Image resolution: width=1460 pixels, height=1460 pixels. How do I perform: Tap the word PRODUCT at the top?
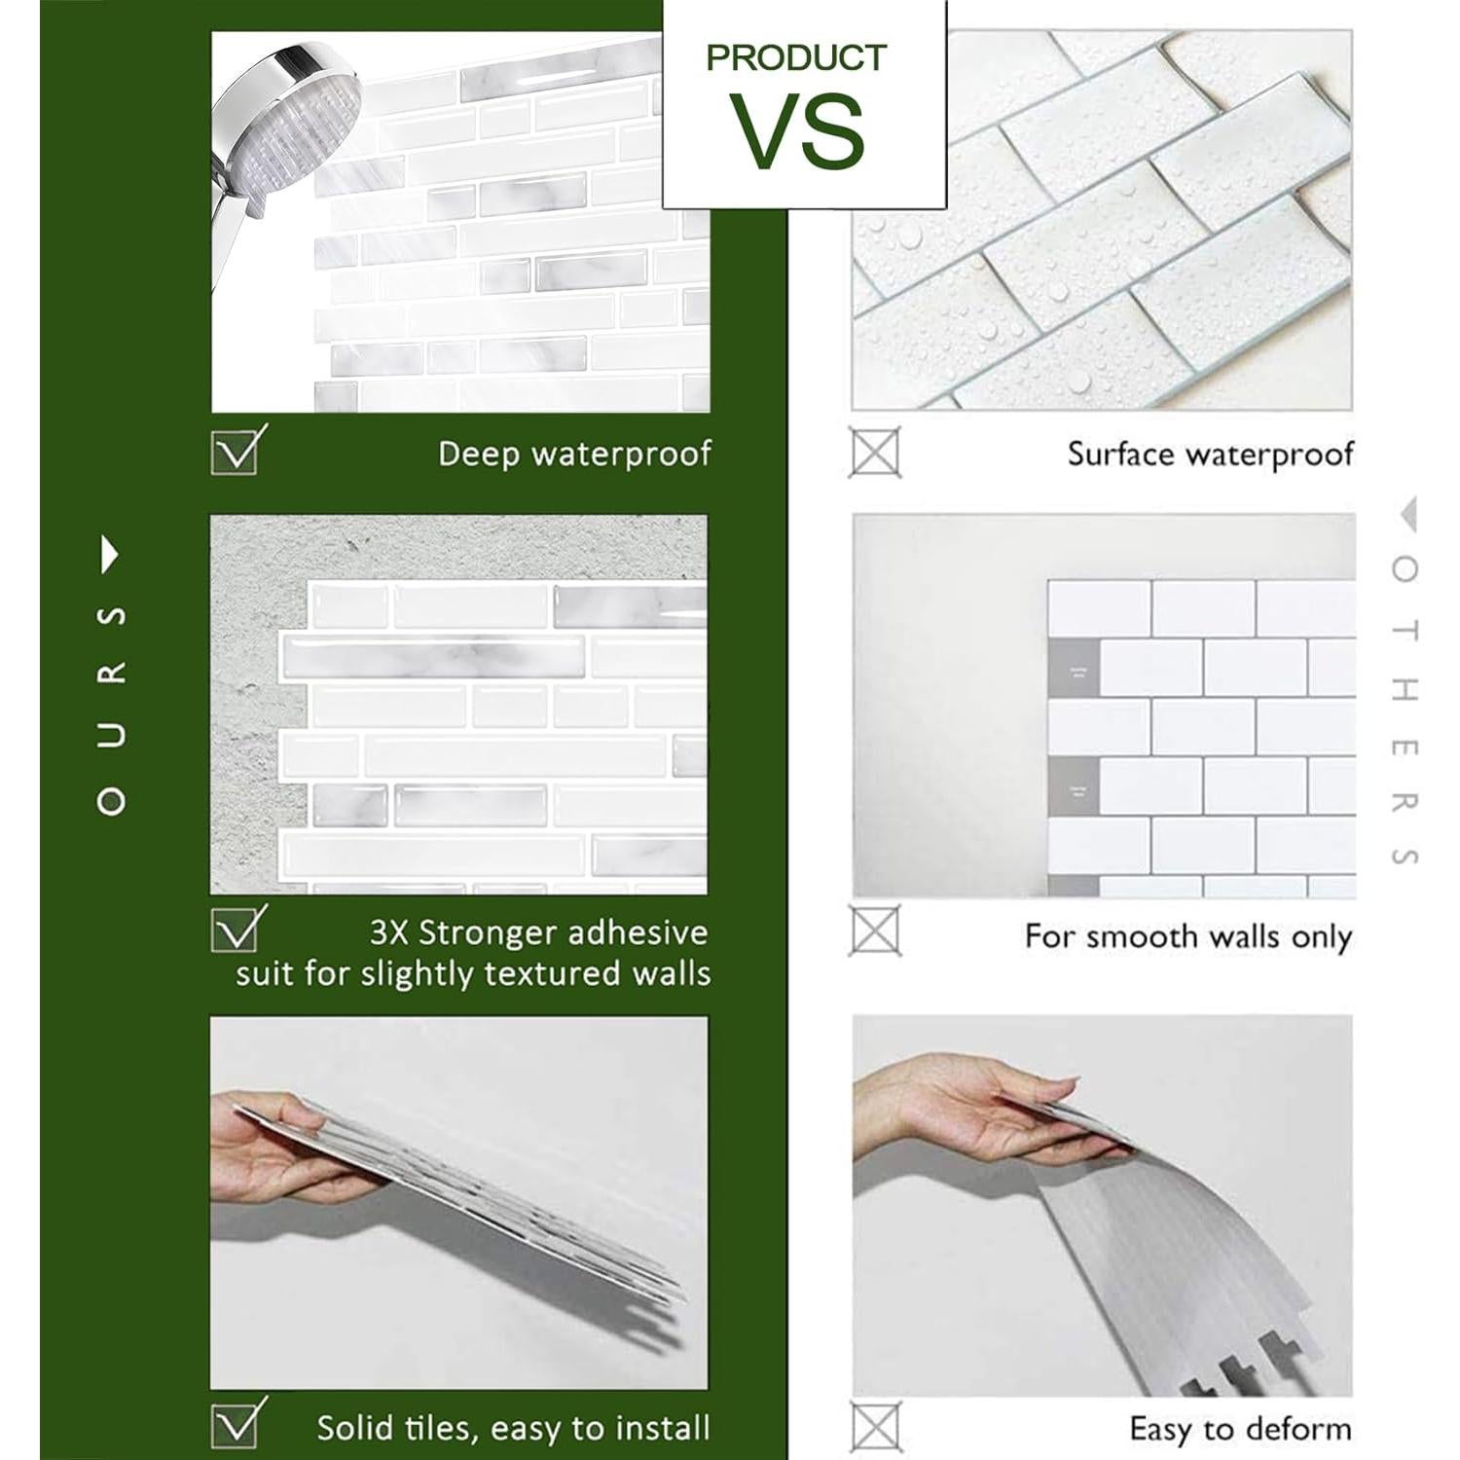coord(796,57)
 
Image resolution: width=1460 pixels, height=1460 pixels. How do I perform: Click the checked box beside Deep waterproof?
coord(235,451)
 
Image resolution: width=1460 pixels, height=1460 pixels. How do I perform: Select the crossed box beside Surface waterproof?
coord(874,452)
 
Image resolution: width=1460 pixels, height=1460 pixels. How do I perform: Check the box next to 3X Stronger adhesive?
coord(235,930)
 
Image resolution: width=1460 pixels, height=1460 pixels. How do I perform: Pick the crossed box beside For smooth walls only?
coord(874,931)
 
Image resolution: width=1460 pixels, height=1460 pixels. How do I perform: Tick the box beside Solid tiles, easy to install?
coord(235,1424)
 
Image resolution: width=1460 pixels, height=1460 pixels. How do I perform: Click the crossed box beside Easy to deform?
coord(874,1427)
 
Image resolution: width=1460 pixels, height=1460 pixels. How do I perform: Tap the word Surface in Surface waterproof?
coord(1119,455)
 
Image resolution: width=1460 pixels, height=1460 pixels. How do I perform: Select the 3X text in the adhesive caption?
coord(389,932)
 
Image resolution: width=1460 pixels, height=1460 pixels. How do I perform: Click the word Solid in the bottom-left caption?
coord(351,1428)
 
